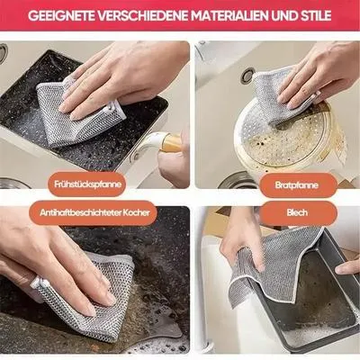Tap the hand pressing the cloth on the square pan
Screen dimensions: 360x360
click(117, 76)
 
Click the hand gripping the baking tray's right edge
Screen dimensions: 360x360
click(348, 265)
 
